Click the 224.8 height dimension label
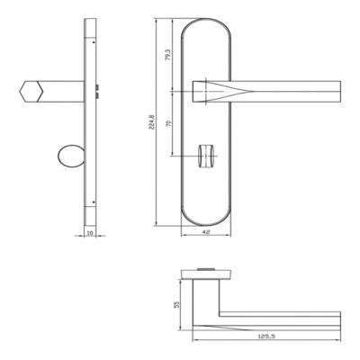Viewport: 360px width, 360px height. point(152,121)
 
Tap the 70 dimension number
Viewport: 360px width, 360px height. point(168,123)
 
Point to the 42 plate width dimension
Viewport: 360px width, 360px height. point(206,231)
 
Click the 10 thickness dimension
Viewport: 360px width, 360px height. point(90,233)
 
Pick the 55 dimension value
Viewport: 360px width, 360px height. point(176,304)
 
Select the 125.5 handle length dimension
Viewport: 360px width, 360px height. point(266,337)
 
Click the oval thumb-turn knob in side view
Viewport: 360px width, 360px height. point(70,156)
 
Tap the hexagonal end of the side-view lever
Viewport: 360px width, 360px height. point(31,92)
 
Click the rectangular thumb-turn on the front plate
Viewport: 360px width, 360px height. point(206,156)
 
